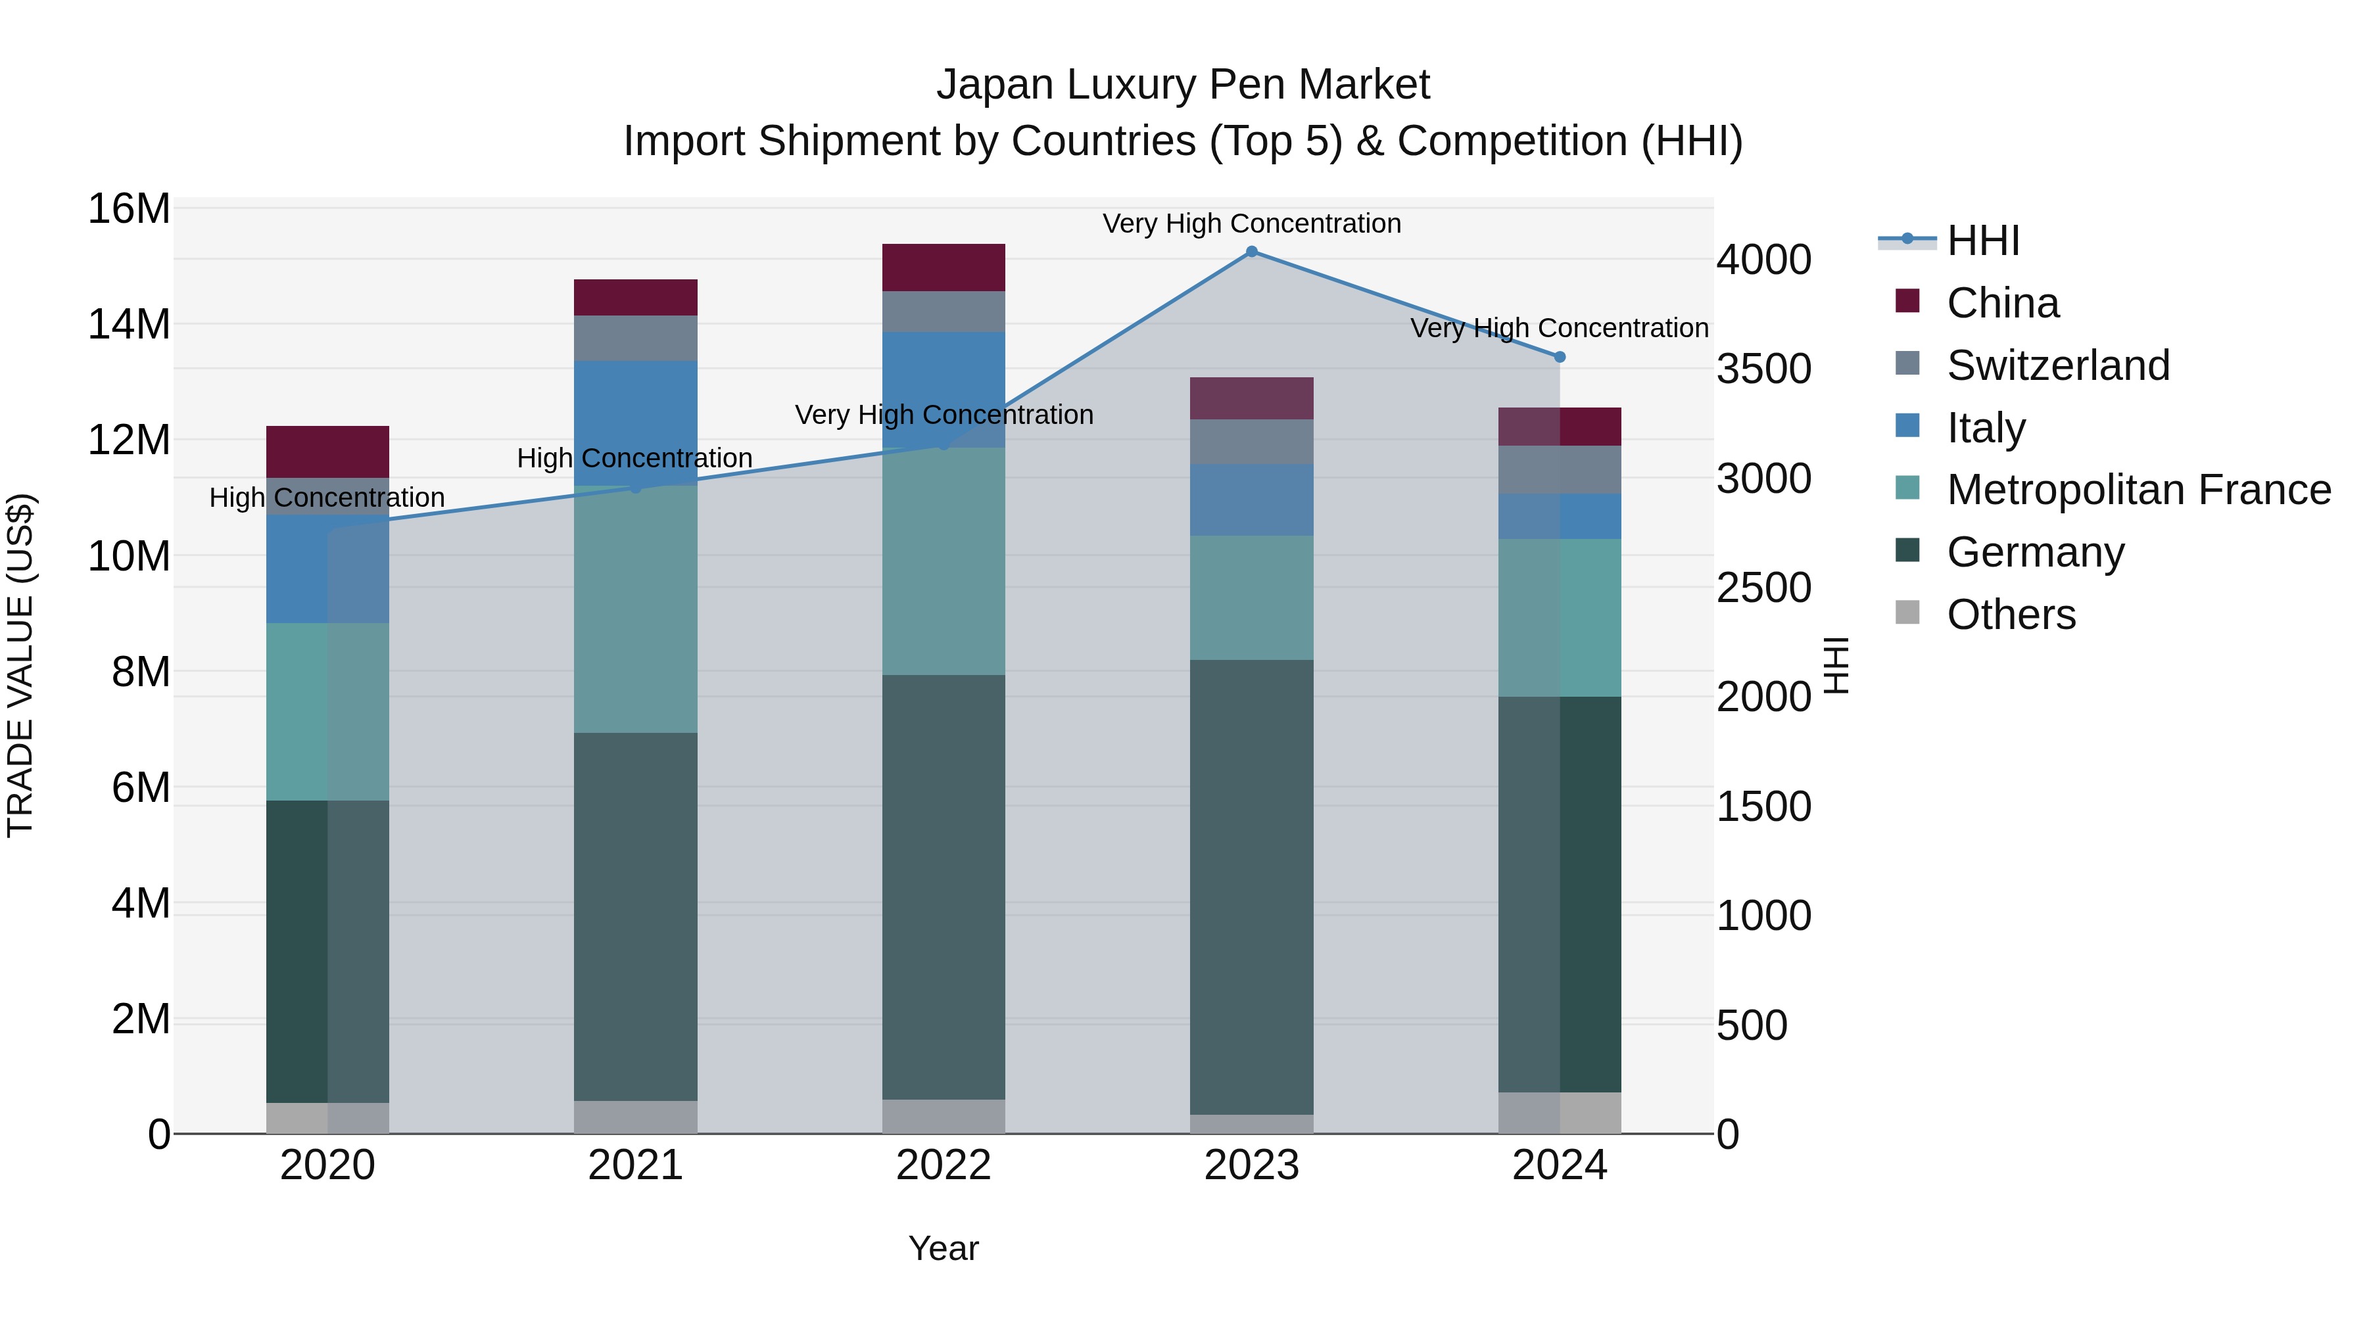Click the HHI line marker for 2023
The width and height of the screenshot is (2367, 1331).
(x=1251, y=252)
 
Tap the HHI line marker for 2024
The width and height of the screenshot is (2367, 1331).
(x=1560, y=358)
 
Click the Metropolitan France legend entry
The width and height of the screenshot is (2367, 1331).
(x=2138, y=490)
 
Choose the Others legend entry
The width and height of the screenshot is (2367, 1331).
(x=2011, y=615)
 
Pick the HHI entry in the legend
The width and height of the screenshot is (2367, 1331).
(x=1983, y=241)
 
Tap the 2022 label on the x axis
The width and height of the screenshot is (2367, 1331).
(x=943, y=1165)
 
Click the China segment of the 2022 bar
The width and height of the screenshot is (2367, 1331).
(x=943, y=268)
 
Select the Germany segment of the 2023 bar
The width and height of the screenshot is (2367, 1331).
(x=1251, y=887)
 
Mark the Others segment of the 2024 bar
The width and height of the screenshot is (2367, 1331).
(x=1560, y=1112)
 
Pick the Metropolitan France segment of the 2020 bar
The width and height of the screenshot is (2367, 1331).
(x=327, y=712)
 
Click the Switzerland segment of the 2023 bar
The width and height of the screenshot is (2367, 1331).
(x=1251, y=442)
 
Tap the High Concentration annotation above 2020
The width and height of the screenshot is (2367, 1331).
(x=327, y=498)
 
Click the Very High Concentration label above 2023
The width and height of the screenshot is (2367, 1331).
(x=1251, y=224)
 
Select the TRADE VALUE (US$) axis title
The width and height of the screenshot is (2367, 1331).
(x=20, y=665)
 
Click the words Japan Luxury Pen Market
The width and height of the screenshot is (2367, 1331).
(x=1183, y=85)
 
